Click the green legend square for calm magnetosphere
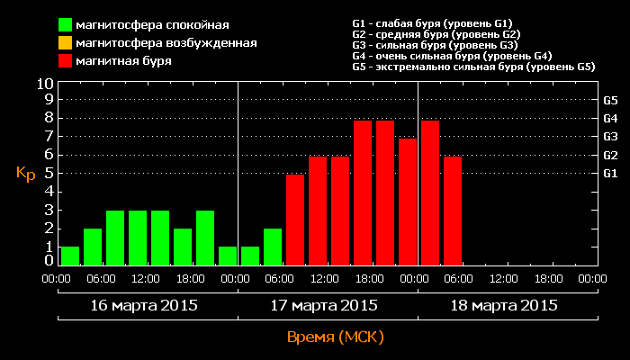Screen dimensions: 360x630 pyautogui.click(x=66, y=24)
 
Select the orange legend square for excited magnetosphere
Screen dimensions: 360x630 pyautogui.click(x=66, y=42)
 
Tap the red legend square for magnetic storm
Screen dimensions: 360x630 pyautogui.click(x=66, y=61)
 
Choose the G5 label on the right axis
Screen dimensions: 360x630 pyautogui.click(x=609, y=100)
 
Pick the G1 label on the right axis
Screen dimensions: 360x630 pyautogui.click(x=609, y=173)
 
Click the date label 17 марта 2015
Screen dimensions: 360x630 pyautogui.click(x=324, y=305)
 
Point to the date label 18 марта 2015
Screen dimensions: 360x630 pyautogui.click(x=504, y=305)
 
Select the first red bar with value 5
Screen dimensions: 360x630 pyautogui.click(x=295, y=220)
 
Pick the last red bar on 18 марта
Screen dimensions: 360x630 pyautogui.click(x=453, y=211)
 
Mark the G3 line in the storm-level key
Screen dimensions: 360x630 pyautogui.click(x=436, y=45)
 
